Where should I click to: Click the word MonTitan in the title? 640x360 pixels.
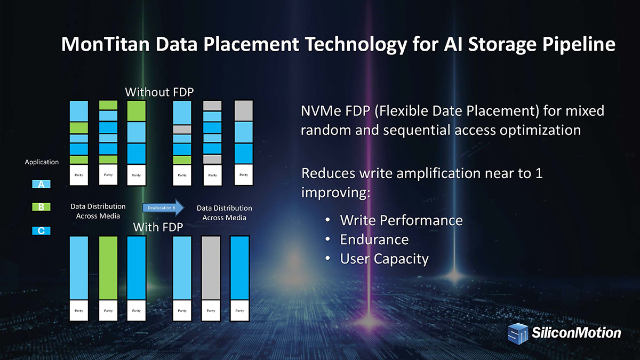tap(106, 44)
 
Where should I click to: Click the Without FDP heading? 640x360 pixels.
tap(159, 92)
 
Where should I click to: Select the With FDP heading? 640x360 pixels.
tap(158, 227)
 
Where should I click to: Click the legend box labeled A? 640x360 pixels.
tap(41, 184)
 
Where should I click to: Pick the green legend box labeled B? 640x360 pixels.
tap(41, 207)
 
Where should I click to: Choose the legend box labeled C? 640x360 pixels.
tap(41, 230)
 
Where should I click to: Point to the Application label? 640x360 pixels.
tap(42, 162)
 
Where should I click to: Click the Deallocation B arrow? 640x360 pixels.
tap(163, 207)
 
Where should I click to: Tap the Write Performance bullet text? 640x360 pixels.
tap(401, 220)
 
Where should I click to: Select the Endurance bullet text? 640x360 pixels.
tap(374, 239)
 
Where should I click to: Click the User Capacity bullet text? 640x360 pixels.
tap(385, 259)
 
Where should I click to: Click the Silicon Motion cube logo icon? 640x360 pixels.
tap(518, 333)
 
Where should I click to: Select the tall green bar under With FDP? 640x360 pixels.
tap(108, 268)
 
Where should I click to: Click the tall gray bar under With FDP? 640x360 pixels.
tap(211, 268)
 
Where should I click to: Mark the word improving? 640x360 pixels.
tap(335, 193)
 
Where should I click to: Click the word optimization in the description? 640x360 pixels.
tap(540, 130)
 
